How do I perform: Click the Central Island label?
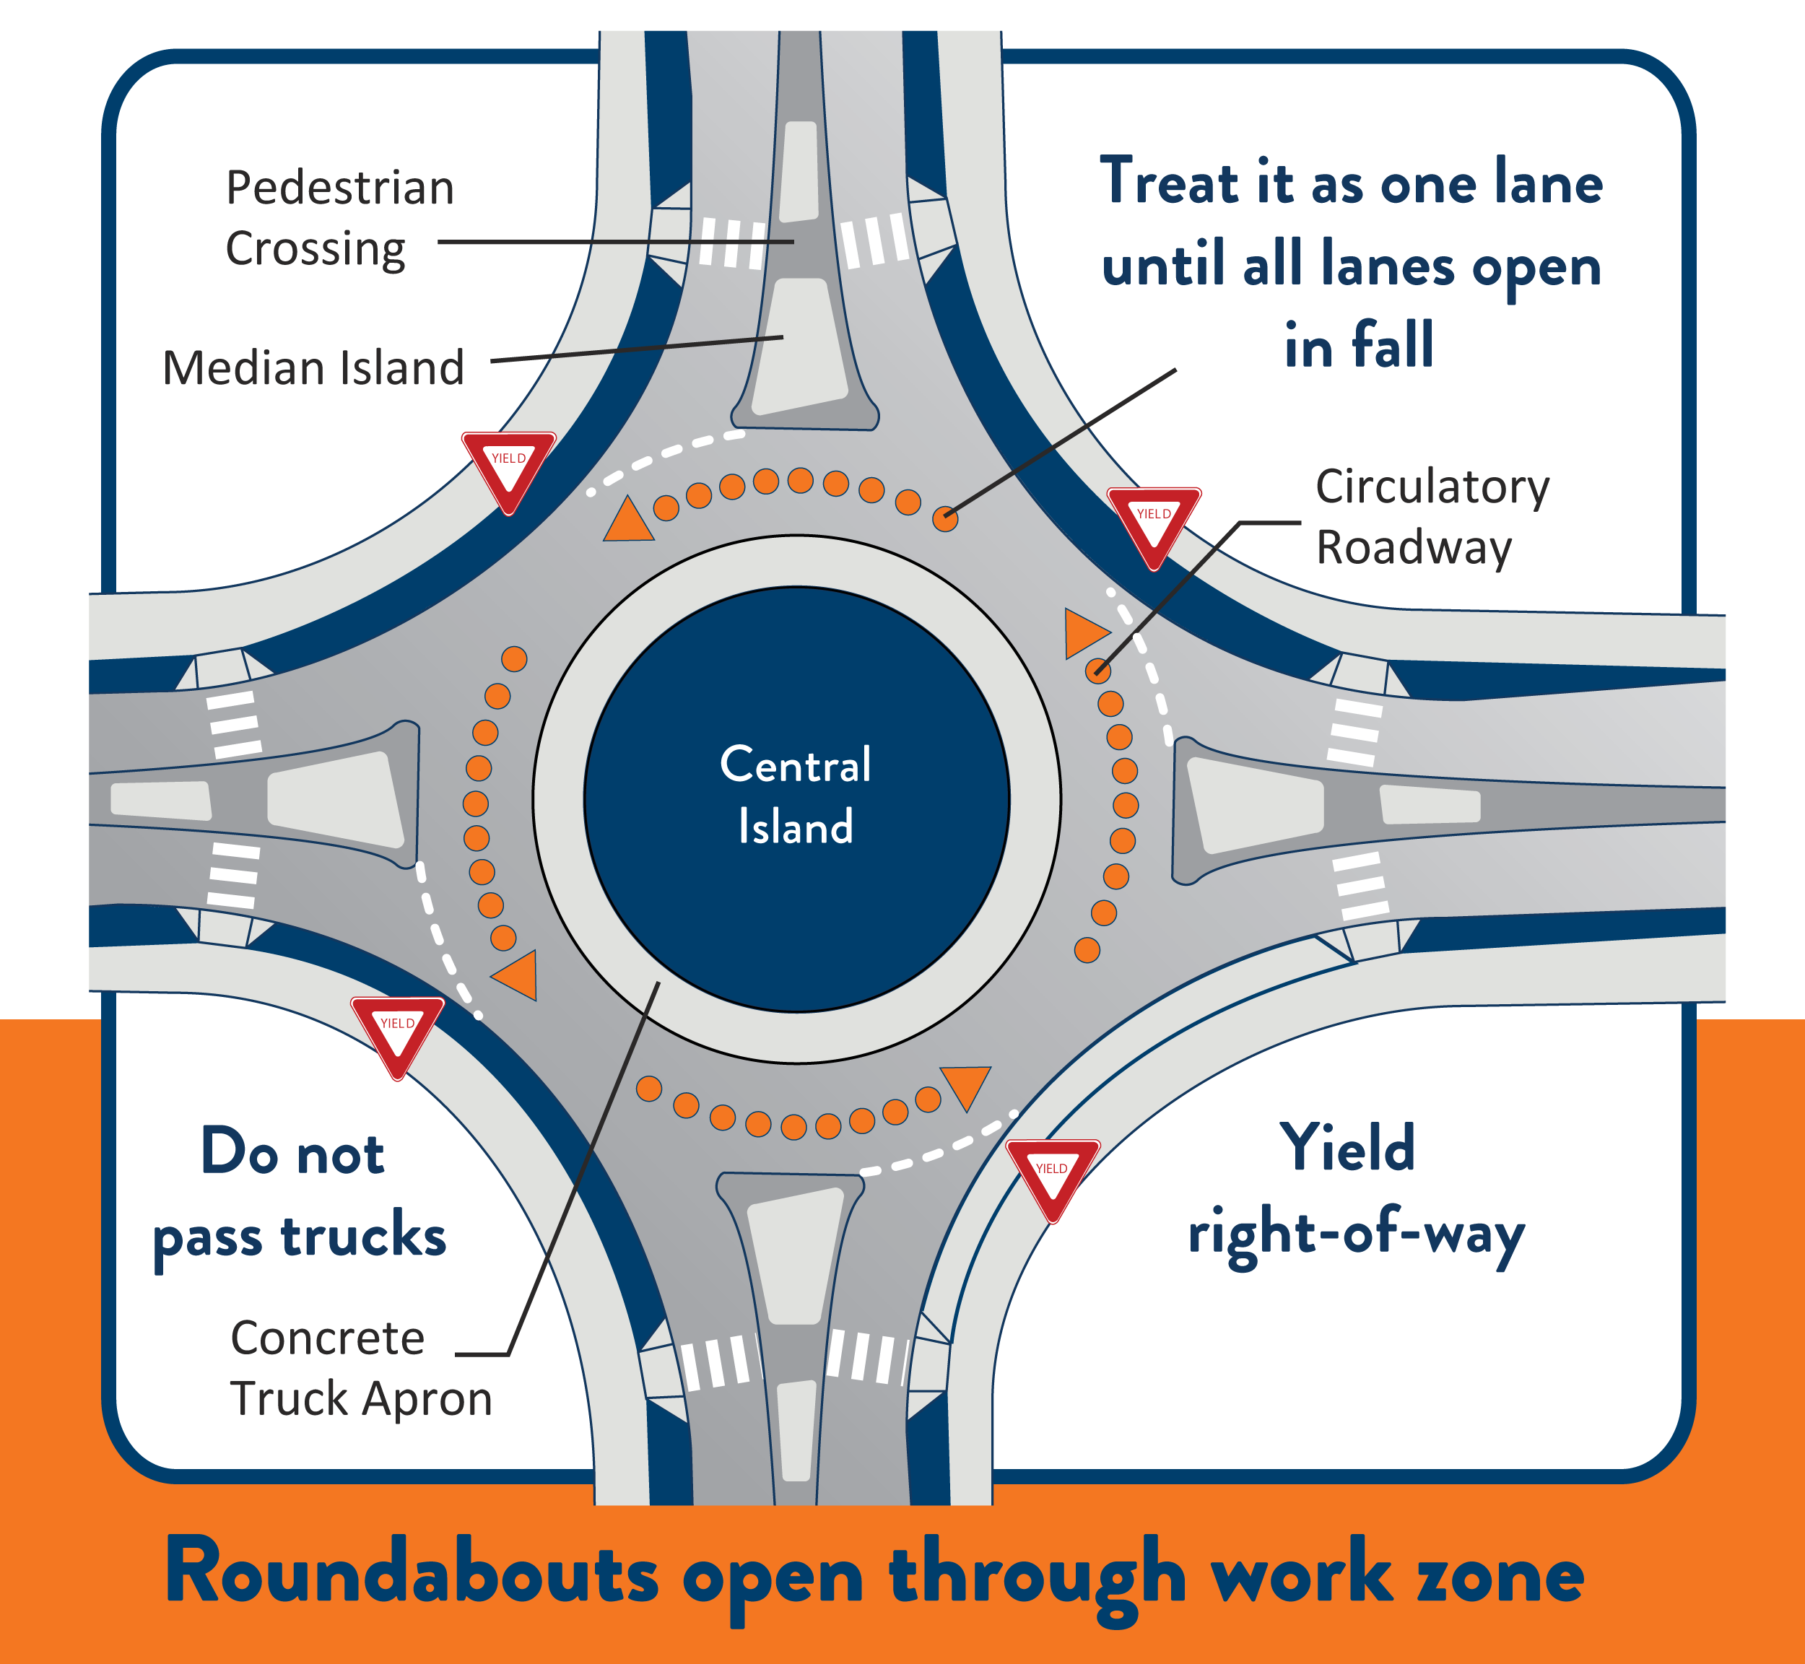(796, 795)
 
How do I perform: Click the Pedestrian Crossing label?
(339, 219)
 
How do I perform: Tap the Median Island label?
(313, 368)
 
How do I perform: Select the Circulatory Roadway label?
(1432, 517)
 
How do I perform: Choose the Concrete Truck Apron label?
(360, 1368)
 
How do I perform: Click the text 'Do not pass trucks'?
(299, 1195)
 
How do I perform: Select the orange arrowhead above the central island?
(628, 520)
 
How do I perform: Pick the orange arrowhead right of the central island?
(1086, 632)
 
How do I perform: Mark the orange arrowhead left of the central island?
(516, 975)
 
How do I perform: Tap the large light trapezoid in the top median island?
(800, 347)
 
